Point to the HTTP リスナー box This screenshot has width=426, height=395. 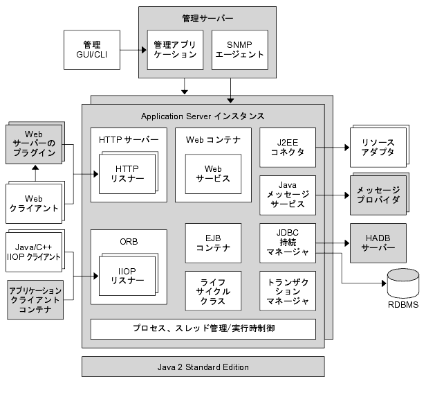click(127, 173)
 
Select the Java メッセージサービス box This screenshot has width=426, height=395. click(287, 195)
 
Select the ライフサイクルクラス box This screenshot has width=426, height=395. click(213, 291)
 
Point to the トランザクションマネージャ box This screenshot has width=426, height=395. click(287, 291)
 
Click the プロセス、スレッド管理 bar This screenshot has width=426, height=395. click(203, 328)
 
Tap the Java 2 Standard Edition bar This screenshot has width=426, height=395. click(203, 367)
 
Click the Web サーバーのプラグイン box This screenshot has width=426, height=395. click(34, 144)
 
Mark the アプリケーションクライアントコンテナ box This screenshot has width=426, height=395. click(34, 299)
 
